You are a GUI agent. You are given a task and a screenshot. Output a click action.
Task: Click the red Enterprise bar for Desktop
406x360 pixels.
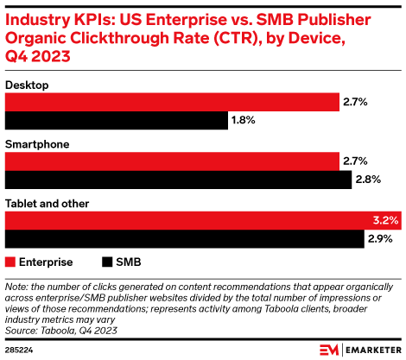click(172, 103)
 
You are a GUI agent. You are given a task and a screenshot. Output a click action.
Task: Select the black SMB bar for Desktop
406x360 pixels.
click(117, 121)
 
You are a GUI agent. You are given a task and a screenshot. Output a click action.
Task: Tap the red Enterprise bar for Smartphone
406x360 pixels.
click(172, 161)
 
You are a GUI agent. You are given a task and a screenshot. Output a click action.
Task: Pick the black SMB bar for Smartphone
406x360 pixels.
click(178, 180)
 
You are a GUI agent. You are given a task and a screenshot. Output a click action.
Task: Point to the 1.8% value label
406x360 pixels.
click(243, 121)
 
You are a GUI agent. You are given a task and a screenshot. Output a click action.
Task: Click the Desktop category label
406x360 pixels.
click(27, 85)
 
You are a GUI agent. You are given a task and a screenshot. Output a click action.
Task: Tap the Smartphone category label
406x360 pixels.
click(37, 144)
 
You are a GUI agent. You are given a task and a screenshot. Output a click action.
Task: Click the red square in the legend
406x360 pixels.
click(10, 261)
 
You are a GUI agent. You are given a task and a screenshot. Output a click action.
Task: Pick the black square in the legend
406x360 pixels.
click(108, 261)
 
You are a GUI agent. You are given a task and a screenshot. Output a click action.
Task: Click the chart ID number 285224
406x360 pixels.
click(20, 350)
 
